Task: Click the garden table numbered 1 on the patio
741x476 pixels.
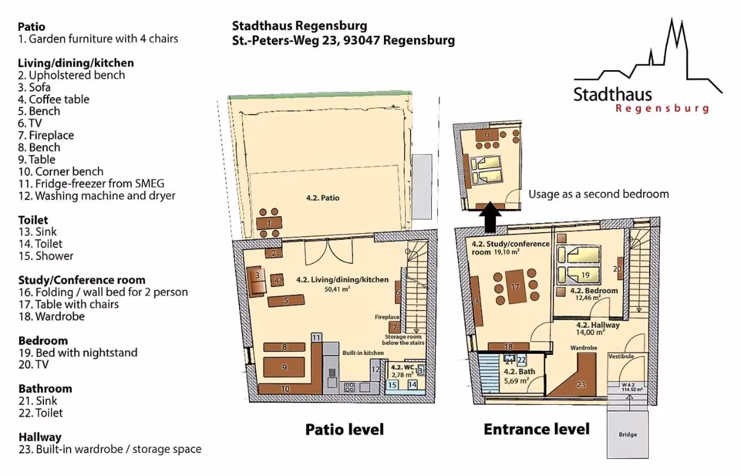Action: coord(269,223)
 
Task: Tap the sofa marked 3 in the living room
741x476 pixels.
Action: coord(256,281)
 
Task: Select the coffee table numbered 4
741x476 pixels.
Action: coord(277,280)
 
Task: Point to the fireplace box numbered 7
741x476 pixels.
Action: coord(394,328)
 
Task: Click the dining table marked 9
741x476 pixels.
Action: coord(284,367)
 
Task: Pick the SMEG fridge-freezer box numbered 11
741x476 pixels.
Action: coord(316,337)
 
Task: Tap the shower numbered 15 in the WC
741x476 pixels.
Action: coord(392,385)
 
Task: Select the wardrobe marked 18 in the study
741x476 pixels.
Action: coord(508,346)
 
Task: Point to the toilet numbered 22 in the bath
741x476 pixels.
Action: coord(522,360)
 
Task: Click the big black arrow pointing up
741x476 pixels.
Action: coord(490,217)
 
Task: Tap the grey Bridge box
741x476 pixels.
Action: coord(628,434)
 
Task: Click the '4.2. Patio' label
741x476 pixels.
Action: coord(322,198)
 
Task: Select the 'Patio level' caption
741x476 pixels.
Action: coord(344,429)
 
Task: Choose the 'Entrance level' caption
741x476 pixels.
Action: coord(537,429)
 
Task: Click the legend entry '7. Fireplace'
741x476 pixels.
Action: coord(46,135)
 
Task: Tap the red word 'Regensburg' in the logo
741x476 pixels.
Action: coord(662,109)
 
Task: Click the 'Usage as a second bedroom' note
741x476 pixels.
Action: coord(599,194)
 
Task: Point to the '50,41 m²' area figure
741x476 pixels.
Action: coord(337,289)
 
